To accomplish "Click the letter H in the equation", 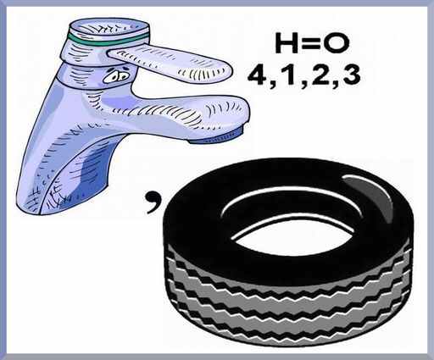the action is click(x=287, y=43).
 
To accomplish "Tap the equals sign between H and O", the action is click(x=309, y=43).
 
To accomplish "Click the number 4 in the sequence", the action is click(x=259, y=75).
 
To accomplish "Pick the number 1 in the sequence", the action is click(x=288, y=75).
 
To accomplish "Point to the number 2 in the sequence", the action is click(x=317, y=75).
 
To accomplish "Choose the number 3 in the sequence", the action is click(x=349, y=75).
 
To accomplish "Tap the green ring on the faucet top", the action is click(x=108, y=40).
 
